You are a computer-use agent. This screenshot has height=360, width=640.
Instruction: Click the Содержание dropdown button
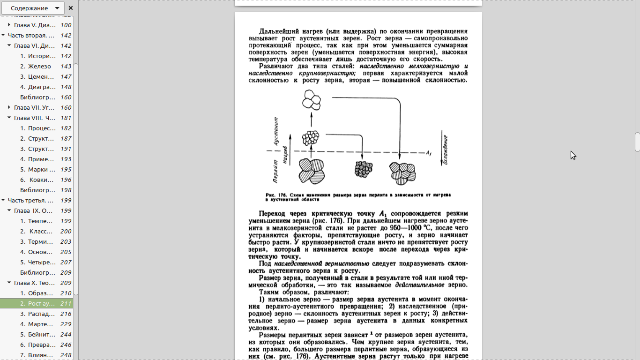[32, 8]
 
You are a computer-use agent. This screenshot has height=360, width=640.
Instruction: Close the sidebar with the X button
[71, 8]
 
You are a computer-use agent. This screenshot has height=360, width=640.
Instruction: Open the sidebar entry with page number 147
[37, 77]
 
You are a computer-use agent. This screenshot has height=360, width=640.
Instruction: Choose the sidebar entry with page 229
[37, 324]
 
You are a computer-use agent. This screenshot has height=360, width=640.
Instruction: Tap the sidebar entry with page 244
[37, 335]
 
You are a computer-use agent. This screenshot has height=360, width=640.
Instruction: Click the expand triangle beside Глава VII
[9, 108]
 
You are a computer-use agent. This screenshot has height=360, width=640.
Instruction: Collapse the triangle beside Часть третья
[3, 201]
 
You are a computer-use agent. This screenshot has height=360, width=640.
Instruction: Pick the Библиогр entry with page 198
[37, 190]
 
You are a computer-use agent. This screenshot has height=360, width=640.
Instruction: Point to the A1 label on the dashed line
[428, 153]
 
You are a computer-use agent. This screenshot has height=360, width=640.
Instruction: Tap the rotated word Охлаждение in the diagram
[445, 150]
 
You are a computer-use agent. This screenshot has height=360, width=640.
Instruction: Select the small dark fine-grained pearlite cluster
[364, 169]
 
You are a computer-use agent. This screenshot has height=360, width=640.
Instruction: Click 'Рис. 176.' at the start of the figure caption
[275, 195]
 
